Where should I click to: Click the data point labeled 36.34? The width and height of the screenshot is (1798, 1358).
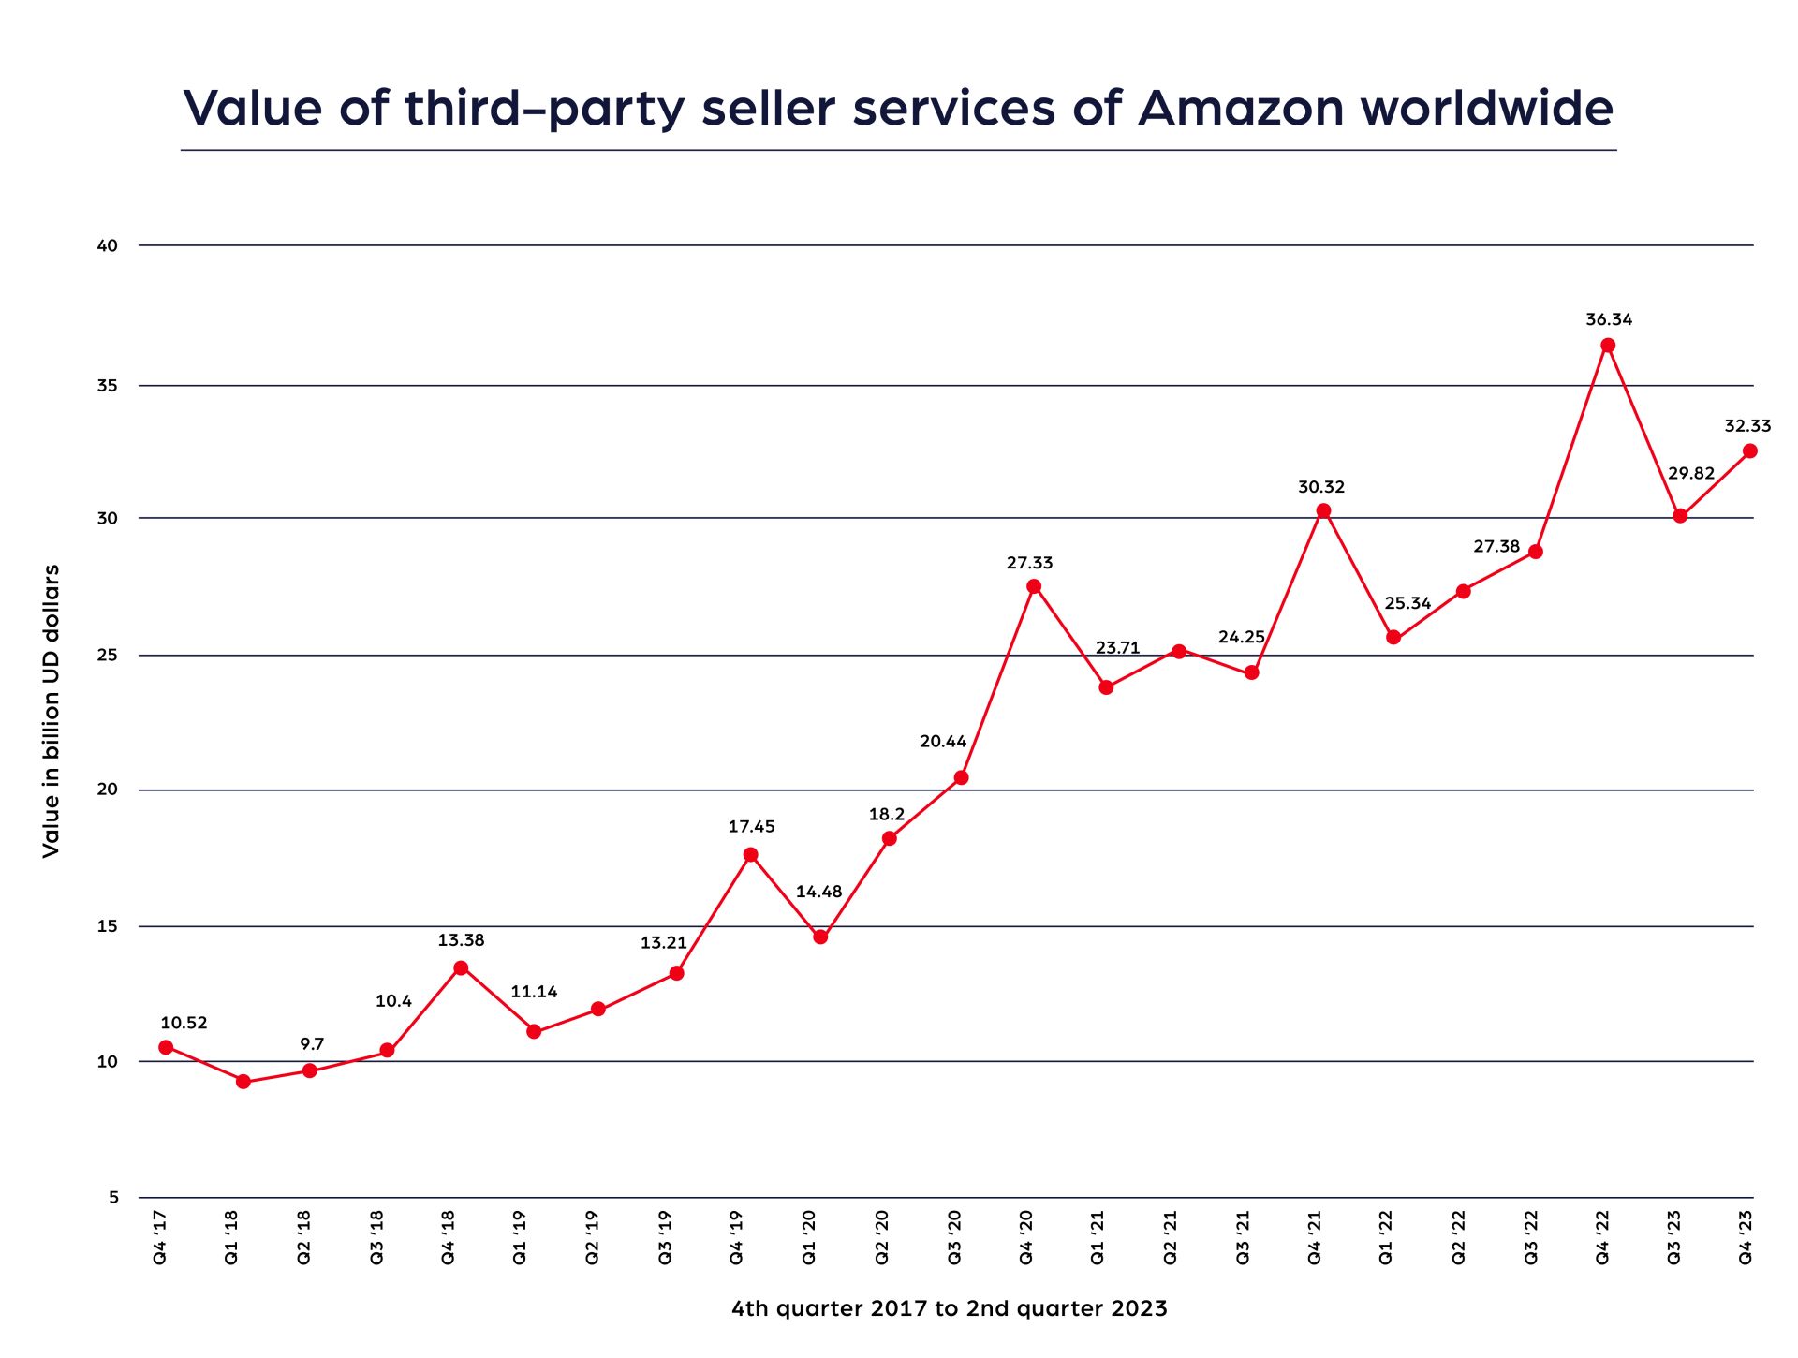tap(1608, 346)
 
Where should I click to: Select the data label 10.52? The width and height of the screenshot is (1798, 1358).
tap(184, 1023)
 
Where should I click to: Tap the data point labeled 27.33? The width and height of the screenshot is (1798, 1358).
tap(1034, 587)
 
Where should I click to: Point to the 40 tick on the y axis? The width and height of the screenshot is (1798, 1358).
tap(108, 245)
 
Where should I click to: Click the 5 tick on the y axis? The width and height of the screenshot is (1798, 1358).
tap(113, 1197)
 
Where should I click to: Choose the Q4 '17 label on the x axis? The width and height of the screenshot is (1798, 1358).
tap(160, 1236)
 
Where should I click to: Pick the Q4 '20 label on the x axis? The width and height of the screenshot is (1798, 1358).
tap(1026, 1236)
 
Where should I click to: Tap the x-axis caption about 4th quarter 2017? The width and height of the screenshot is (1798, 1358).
tap(949, 1308)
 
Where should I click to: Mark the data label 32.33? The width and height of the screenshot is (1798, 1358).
tap(1747, 426)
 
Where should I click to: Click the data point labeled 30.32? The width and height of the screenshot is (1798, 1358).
tap(1323, 511)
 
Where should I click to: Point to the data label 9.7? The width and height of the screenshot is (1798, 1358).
tap(312, 1044)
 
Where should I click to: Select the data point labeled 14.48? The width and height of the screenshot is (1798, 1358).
tap(820, 937)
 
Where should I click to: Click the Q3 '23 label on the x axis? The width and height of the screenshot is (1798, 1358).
tap(1674, 1236)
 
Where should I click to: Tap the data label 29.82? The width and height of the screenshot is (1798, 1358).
tap(1691, 473)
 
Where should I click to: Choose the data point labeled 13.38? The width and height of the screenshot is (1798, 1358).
tap(461, 968)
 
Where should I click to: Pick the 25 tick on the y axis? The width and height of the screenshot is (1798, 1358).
tap(108, 655)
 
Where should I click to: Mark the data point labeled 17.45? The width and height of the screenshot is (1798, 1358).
tap(751, 855)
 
